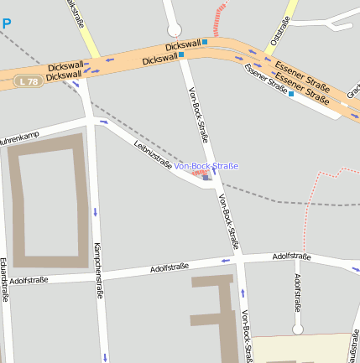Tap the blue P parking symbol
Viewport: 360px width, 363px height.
(6, 24)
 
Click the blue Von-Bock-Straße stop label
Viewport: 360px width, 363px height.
(206, 167)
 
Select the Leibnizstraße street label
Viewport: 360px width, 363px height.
(153, 156)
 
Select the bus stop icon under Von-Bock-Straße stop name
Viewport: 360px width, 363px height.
(206, 177)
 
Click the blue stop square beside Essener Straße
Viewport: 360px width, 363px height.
(291, 94)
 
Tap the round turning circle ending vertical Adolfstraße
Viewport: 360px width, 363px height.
(297, 329)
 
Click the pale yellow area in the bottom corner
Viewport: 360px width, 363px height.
(302, 350)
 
